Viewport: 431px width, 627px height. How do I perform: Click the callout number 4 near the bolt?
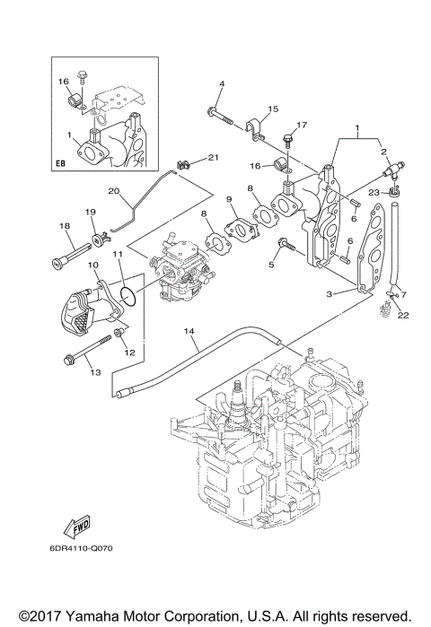220,84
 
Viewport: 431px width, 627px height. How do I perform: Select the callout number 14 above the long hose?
189,331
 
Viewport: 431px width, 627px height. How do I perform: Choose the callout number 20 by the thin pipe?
114,190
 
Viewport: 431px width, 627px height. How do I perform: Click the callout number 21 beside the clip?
213,157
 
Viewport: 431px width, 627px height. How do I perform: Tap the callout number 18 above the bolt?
65,226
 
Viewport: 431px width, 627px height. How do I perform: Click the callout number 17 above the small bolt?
302,125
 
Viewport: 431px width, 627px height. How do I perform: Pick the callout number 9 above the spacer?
230,198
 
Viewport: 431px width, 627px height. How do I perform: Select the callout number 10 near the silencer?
92,266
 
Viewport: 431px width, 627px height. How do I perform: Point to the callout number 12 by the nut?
129,352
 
